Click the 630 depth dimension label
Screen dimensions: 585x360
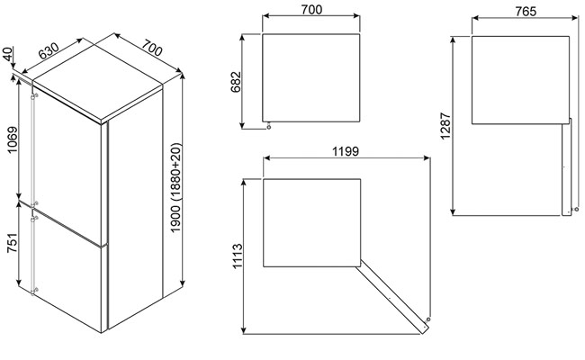[49, 50]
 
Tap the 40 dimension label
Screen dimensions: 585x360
[7, 55]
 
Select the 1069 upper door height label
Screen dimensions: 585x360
[13, 139]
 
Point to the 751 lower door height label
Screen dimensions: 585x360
[13, 243]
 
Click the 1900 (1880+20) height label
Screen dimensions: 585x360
[175, 187]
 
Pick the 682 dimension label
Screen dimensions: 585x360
[236, 82]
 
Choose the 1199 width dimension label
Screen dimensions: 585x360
[346, 151]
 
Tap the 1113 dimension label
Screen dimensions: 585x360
[238, 256]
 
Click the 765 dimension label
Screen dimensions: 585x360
[526, 12]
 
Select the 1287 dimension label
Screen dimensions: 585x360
[445, 126]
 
